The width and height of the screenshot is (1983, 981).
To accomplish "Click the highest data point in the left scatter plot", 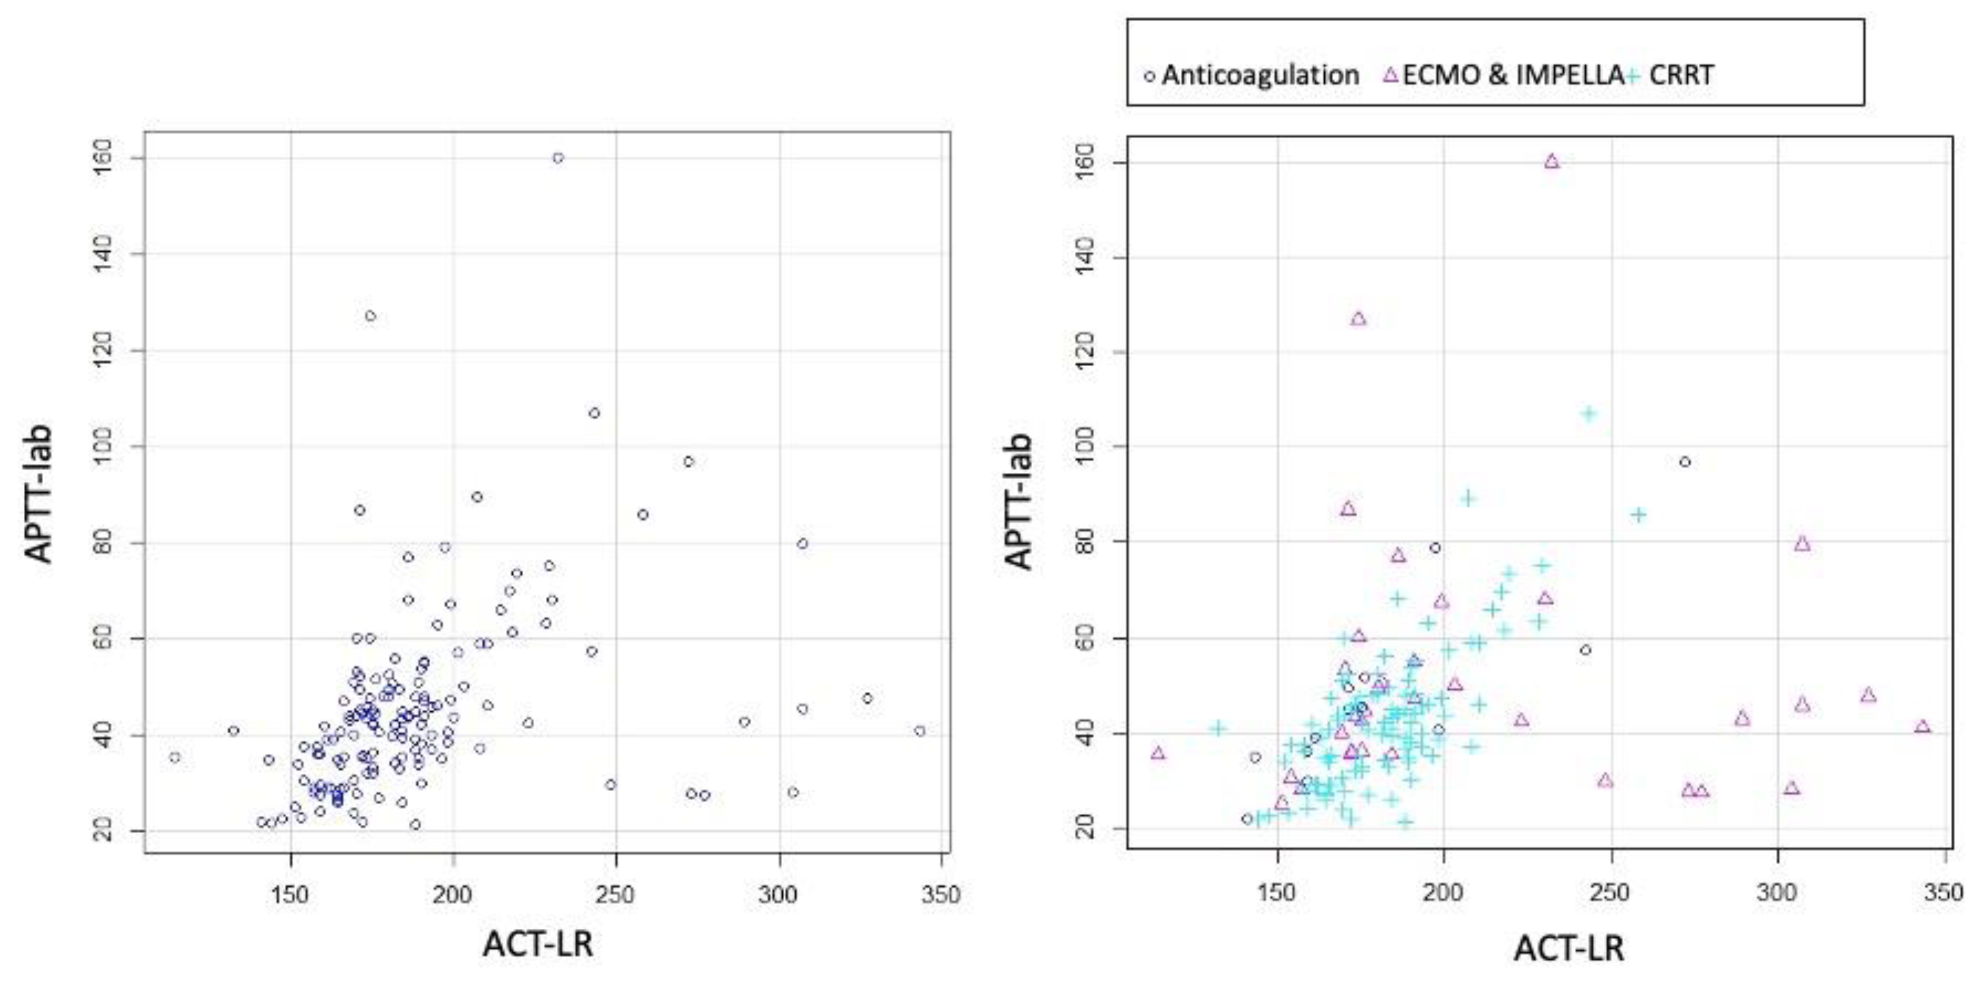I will [558, 158].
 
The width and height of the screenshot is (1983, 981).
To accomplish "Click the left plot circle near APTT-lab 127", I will [370, 316].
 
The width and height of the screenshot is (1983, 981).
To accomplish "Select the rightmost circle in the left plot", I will [920, 731].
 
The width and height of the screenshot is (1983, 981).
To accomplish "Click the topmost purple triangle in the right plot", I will [1552, 161].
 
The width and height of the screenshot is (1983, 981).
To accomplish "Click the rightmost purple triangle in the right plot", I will [1923, 727].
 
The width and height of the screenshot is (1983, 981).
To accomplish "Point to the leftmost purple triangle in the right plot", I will [1158, 753].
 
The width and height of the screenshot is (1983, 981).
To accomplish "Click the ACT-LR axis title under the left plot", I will [538, 944].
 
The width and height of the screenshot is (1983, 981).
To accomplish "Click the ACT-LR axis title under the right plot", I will [1570, 949].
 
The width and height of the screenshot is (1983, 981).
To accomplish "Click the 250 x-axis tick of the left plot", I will [616, 895].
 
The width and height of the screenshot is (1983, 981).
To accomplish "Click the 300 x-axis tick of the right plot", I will [1777, 893].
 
